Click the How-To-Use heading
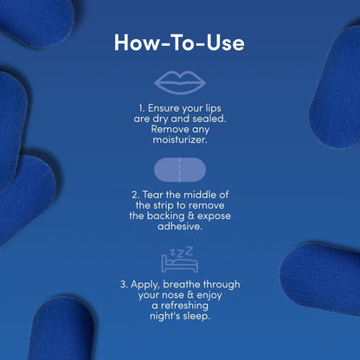(x=180, y=42)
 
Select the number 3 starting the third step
(x=123, y=283)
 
